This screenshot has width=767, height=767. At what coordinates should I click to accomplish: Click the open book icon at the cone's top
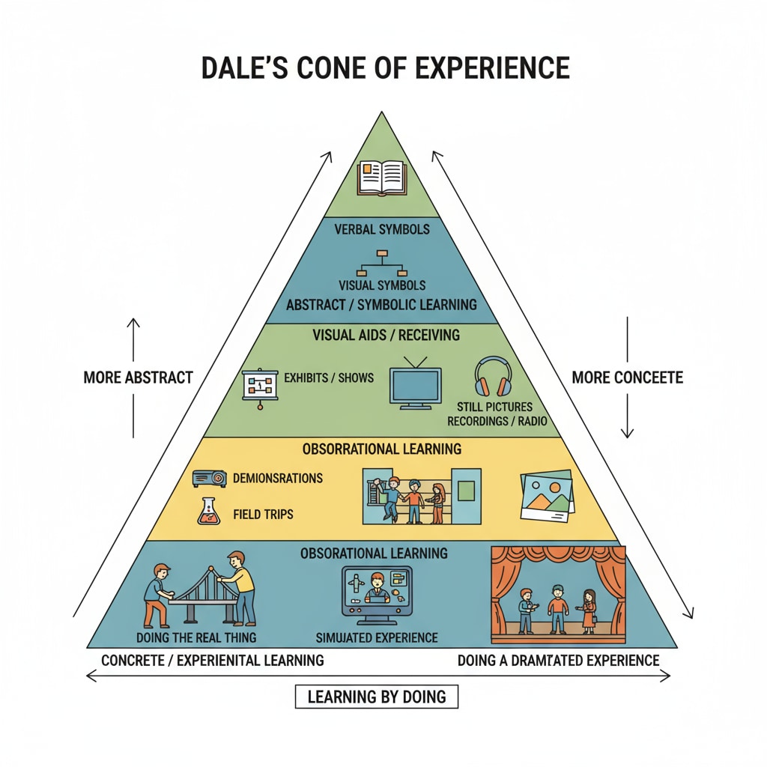382,178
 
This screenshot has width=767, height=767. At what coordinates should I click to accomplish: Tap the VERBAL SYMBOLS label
383,229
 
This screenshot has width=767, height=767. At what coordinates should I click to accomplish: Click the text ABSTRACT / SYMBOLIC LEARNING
382,305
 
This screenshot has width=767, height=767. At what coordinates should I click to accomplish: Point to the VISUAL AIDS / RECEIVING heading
386,335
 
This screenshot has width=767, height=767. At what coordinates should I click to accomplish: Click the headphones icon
493,377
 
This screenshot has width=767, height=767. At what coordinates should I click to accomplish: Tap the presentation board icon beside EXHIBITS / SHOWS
260,387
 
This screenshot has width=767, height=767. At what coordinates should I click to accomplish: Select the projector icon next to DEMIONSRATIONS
209,478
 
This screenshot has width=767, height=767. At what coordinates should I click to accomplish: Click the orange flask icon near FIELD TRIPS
207,511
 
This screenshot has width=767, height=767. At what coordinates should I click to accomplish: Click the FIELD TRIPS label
263,515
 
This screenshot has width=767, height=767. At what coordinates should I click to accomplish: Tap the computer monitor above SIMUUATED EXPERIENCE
376,591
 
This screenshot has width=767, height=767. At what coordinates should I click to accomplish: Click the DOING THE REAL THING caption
197,637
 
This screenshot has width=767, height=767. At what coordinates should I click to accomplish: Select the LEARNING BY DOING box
376,697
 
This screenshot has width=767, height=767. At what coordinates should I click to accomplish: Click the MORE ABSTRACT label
138,378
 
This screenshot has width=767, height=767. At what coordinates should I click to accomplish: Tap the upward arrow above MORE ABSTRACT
133,341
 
